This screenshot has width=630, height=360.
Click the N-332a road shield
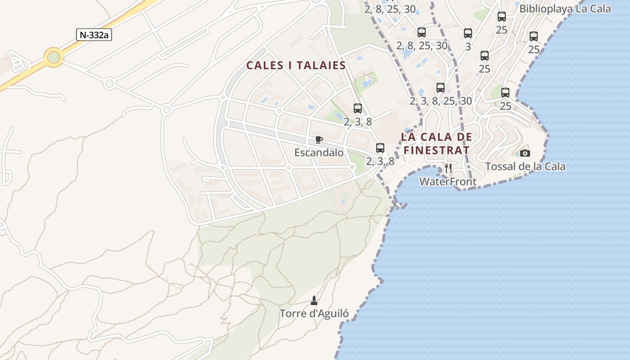(94, 35)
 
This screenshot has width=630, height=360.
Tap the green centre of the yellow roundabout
(54, 57)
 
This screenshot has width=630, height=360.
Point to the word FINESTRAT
(436, 150)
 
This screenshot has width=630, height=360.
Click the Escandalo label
(319, 153)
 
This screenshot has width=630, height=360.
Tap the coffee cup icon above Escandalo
(319, 139)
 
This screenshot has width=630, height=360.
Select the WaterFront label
(448, 182)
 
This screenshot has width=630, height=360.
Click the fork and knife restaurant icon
(448, 169)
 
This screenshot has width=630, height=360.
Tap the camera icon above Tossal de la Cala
(525, 153)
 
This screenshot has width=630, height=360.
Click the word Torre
(293, 314)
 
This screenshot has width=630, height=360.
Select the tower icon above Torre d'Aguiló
(314, 300)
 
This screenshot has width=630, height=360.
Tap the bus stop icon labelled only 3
(468, 33)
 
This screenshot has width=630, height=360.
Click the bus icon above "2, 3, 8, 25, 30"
(440, 88)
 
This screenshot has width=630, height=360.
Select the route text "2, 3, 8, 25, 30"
(441, 101)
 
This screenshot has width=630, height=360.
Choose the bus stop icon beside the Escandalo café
(380, 148)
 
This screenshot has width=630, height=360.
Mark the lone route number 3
(468, 46)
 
